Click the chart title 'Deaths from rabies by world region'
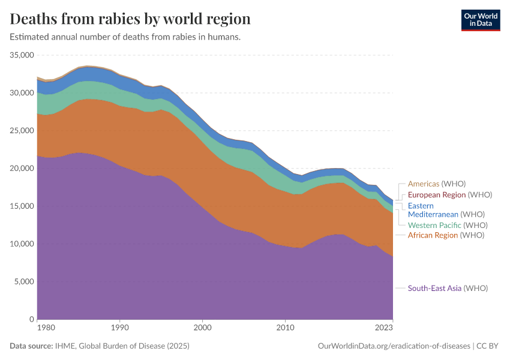130,19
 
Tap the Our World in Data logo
480,19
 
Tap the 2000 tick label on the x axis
202,328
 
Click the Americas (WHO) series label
437,184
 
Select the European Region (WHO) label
450,194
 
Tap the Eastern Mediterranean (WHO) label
446,210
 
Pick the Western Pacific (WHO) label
448,225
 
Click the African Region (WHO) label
446,235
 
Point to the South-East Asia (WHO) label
448,288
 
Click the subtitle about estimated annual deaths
125,37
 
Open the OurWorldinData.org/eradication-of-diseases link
393,346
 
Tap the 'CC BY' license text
489,346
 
